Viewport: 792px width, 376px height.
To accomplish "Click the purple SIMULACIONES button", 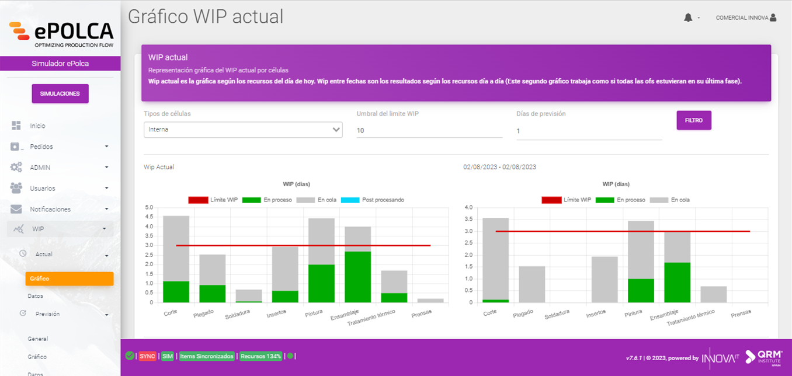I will (60, 93).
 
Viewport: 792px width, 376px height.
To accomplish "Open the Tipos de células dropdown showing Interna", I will (242, 130).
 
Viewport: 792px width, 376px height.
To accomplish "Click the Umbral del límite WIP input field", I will (429, 130).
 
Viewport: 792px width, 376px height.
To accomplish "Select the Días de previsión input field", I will (589, 131).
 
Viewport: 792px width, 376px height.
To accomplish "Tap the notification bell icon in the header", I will (687, 18).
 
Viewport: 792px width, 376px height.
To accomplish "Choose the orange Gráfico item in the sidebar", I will (69, 278).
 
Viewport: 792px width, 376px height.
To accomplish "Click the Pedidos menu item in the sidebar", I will (41, 147).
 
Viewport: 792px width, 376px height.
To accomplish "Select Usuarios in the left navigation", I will (43, 189).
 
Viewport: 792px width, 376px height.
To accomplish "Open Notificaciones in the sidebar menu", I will (50, 209).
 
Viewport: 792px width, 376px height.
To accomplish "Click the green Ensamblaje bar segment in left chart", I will (357, 277).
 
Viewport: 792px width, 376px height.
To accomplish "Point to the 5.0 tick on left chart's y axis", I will (148, 208).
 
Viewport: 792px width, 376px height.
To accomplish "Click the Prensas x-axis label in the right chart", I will (741, 314).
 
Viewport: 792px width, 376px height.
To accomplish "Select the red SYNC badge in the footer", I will (147, 356).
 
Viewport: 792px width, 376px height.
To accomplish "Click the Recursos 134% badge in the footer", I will (261, 356).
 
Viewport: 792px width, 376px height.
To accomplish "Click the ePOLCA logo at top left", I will (61, 33).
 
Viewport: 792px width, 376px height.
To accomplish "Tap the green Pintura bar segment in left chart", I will (321, 283).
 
